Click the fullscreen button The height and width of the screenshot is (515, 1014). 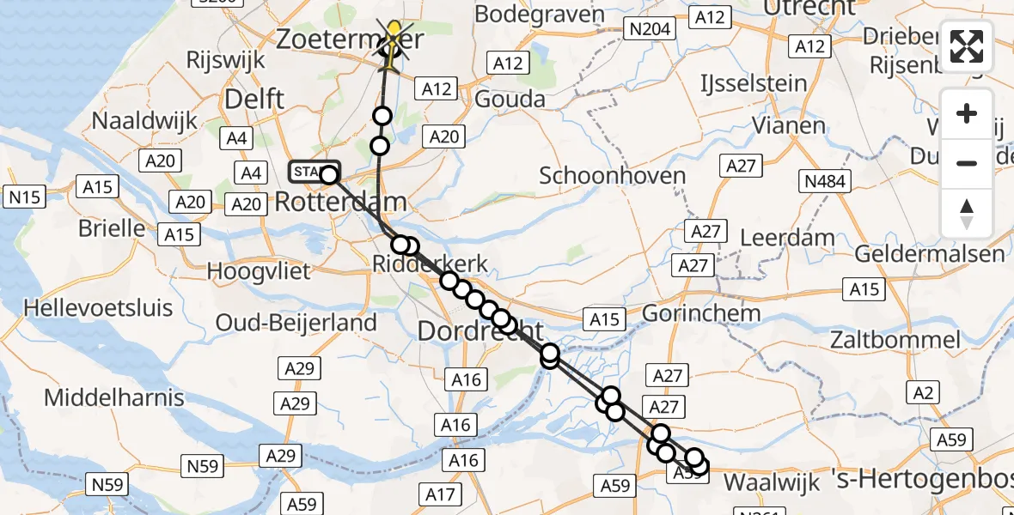tap(967, 46)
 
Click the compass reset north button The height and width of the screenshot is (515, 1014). tap(967, 213)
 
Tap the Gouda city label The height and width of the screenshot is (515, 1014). tap(510, 99)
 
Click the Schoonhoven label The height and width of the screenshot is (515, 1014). tap(612, 176)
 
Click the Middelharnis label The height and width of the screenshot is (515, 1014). tap(114, 397)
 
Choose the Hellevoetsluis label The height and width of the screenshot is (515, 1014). tap(98, 307)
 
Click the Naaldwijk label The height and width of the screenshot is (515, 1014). tap(144, 121)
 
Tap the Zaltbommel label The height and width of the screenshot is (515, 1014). tap(895, 339)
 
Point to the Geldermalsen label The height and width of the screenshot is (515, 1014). tap(929, 254)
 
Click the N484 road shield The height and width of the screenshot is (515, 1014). tap(823, 181)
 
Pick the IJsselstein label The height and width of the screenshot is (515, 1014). tap(754, 84)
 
